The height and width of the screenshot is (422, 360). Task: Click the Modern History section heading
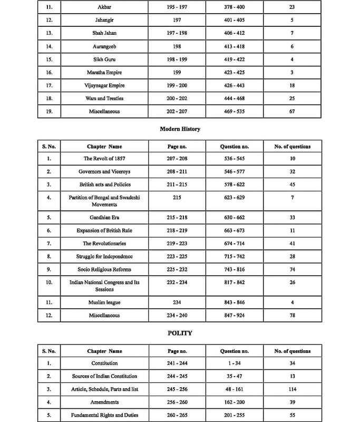click(180, 129)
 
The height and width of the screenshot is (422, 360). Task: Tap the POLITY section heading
click(180, 333)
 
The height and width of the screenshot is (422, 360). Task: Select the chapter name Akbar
click(104, 7)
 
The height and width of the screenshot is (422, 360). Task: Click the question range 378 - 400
click(234, 7)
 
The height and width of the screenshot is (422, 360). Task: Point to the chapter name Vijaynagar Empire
click(104, 85)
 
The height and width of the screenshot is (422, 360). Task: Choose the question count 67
click(292, 111)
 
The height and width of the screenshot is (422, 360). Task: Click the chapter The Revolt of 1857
click(104, 159)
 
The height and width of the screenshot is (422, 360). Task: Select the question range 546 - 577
click(234, 172)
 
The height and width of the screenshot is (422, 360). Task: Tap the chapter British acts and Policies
click(104, 185)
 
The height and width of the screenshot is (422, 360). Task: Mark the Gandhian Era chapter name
click(104, 218)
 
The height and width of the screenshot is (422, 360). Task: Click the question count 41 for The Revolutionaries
click(292, 244)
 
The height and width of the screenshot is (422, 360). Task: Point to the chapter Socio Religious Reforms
click(104, 270)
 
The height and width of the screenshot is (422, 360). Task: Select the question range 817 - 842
click(234, 283)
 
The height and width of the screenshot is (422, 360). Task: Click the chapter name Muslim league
click(104, 303)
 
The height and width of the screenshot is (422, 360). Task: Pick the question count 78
click(292, 315)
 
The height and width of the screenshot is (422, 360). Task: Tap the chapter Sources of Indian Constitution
click(104, 376)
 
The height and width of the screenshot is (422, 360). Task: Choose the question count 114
click(292, 389)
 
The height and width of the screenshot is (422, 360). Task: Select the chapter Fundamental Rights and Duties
click(104, 415)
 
